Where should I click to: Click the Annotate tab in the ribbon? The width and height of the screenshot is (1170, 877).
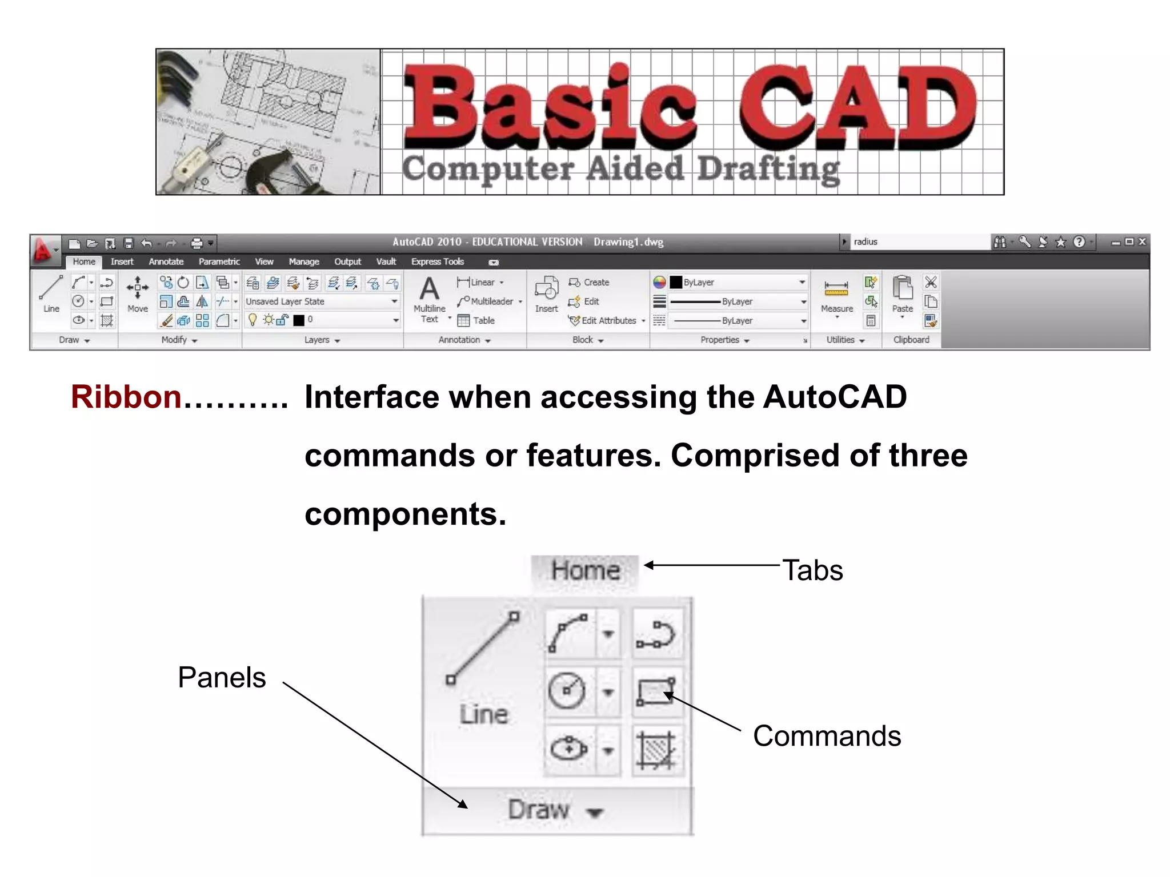coord(166,262)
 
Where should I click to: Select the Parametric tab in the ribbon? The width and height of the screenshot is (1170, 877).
coord(219,262)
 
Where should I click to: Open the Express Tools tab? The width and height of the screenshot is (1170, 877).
coord(437,262)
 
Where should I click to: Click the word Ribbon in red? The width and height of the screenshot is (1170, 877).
coord(126,397)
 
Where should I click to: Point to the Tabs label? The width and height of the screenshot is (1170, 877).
coord(812,570)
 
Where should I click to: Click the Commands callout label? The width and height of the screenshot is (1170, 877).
coord(827,736)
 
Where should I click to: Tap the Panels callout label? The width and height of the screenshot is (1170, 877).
coord(222,678)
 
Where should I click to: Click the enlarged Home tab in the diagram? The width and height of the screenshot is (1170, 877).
coord(585,570)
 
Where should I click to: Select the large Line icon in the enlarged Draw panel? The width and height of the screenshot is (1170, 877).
coord(483,649)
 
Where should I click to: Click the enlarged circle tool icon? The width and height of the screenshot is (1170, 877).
coord(567,690)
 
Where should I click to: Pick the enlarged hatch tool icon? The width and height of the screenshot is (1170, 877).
coord(656,750)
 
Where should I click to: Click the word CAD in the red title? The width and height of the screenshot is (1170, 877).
coord(857,107)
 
